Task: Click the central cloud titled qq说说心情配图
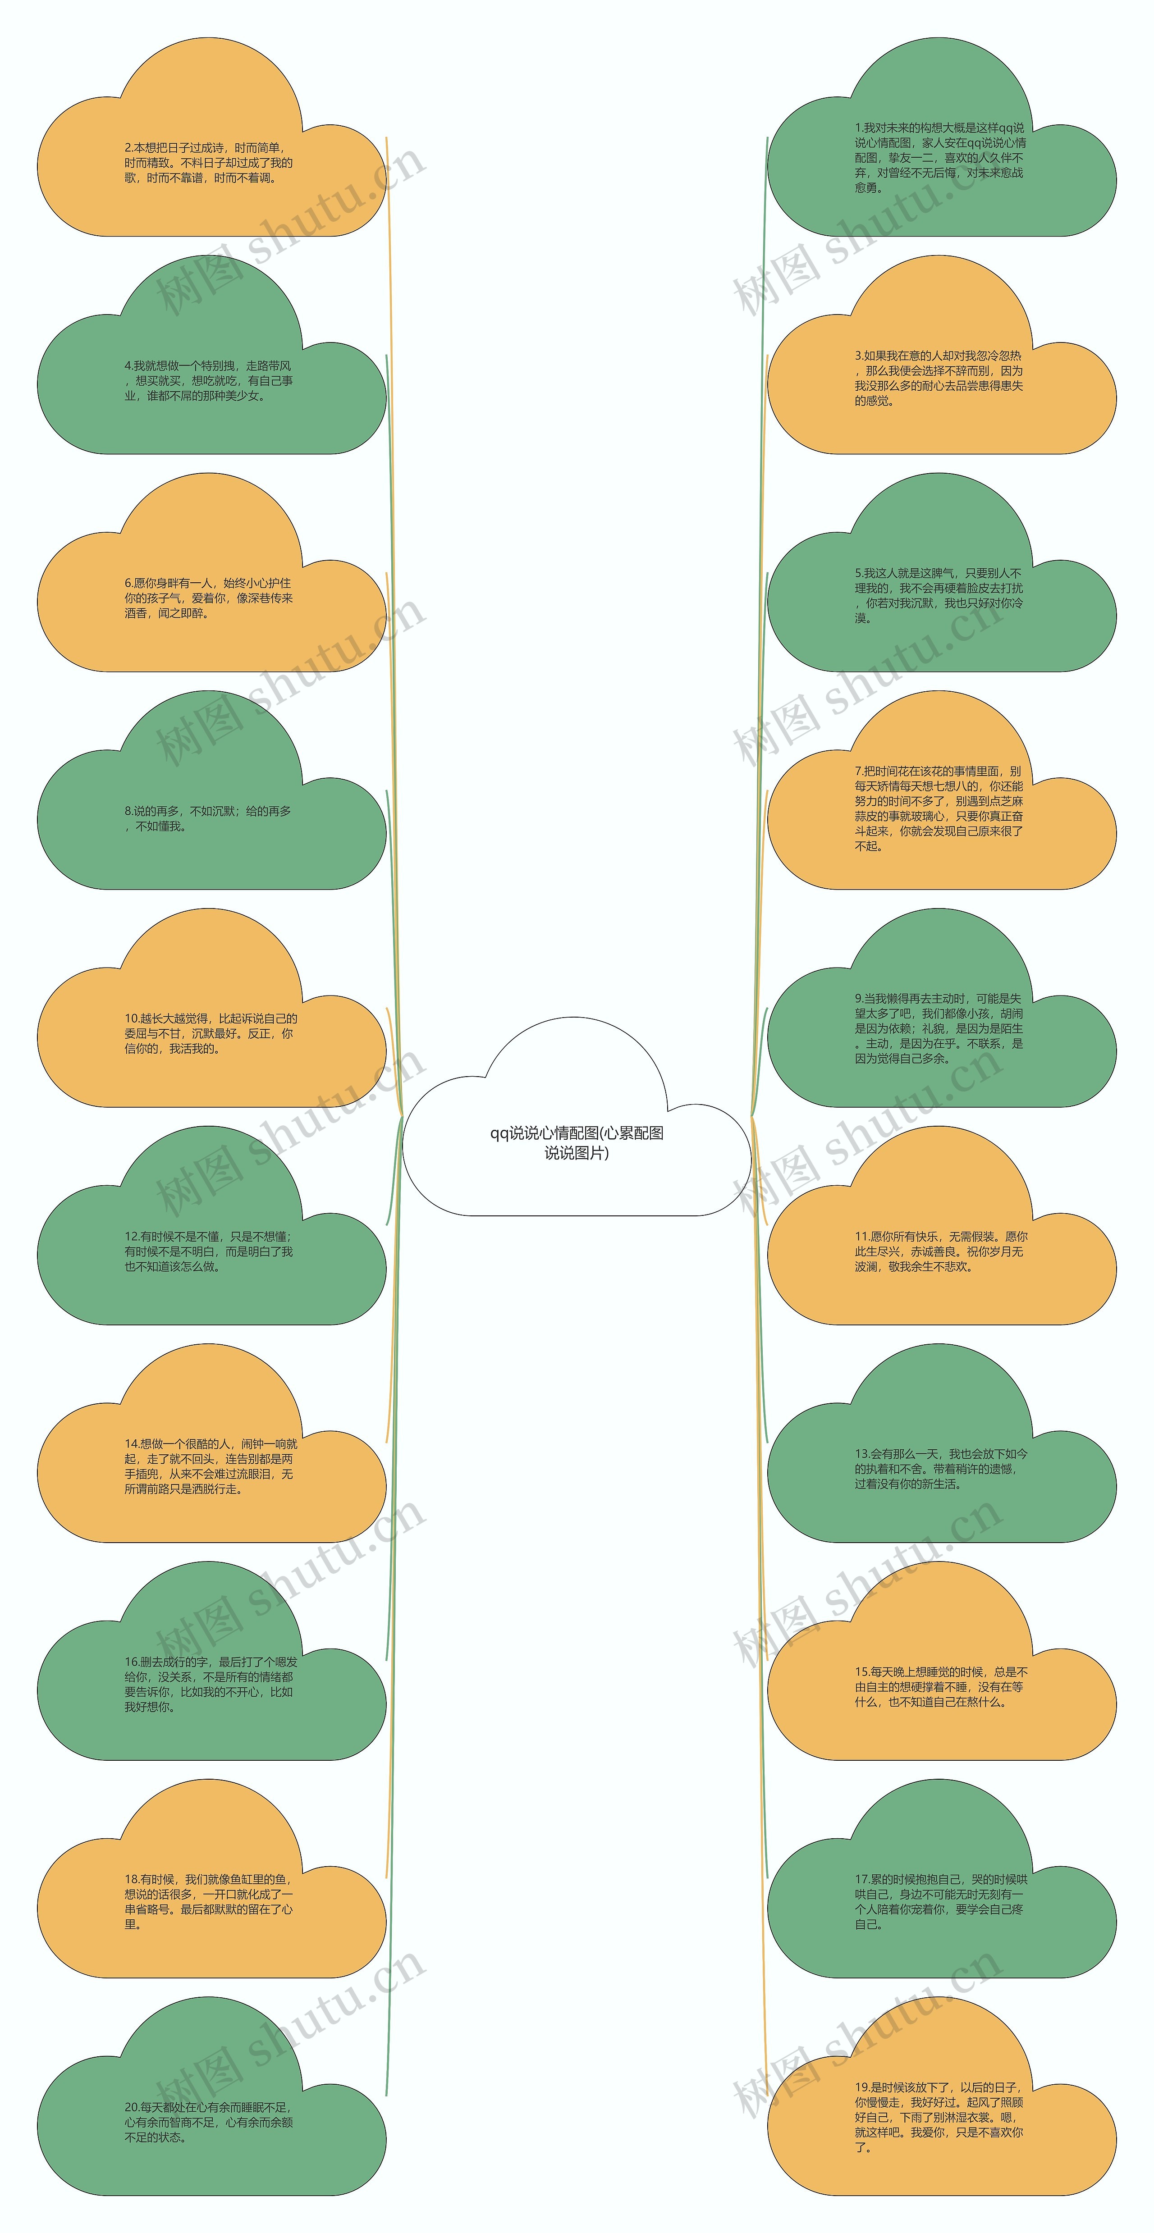(x=577, y=1142)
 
